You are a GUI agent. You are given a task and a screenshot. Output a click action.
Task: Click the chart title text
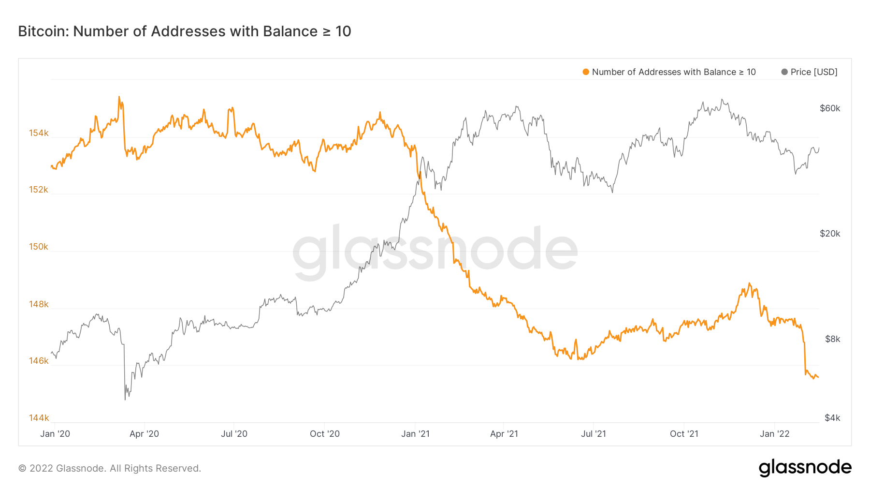(185, 31)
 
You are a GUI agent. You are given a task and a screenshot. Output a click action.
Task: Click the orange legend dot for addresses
(586, 72)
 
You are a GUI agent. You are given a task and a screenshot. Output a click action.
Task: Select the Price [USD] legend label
(814, 72)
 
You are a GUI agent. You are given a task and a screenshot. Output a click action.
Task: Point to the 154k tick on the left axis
(39, 133)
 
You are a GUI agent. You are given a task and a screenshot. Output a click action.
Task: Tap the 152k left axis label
(39, 190)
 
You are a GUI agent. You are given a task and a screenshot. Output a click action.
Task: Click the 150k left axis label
(39, 247)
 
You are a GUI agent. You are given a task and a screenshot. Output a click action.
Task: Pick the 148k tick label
(39, 304)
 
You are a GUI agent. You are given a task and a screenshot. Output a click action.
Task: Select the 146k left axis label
(39, 361)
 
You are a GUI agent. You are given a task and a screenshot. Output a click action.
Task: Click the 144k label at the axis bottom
(39, 418)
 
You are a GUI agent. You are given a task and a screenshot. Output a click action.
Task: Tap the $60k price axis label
(830, 108)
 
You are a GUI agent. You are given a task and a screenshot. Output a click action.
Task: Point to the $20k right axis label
(830, 234)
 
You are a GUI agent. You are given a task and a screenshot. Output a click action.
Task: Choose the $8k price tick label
(832, 339)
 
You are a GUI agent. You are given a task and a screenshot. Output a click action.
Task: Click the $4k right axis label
(832, 418)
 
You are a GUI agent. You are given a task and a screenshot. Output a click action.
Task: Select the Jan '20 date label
(55, 434)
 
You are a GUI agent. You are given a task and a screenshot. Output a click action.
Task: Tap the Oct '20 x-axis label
(325, 434)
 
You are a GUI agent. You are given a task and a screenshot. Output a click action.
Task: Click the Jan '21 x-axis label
(415, 434)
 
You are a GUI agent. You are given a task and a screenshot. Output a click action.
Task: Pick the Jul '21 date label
(594, 434)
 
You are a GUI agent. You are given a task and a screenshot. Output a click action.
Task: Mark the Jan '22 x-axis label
(774, 434)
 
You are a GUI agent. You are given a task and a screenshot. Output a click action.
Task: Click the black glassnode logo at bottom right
(805, 468)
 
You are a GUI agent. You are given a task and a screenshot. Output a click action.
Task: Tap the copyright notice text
(110, 468)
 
